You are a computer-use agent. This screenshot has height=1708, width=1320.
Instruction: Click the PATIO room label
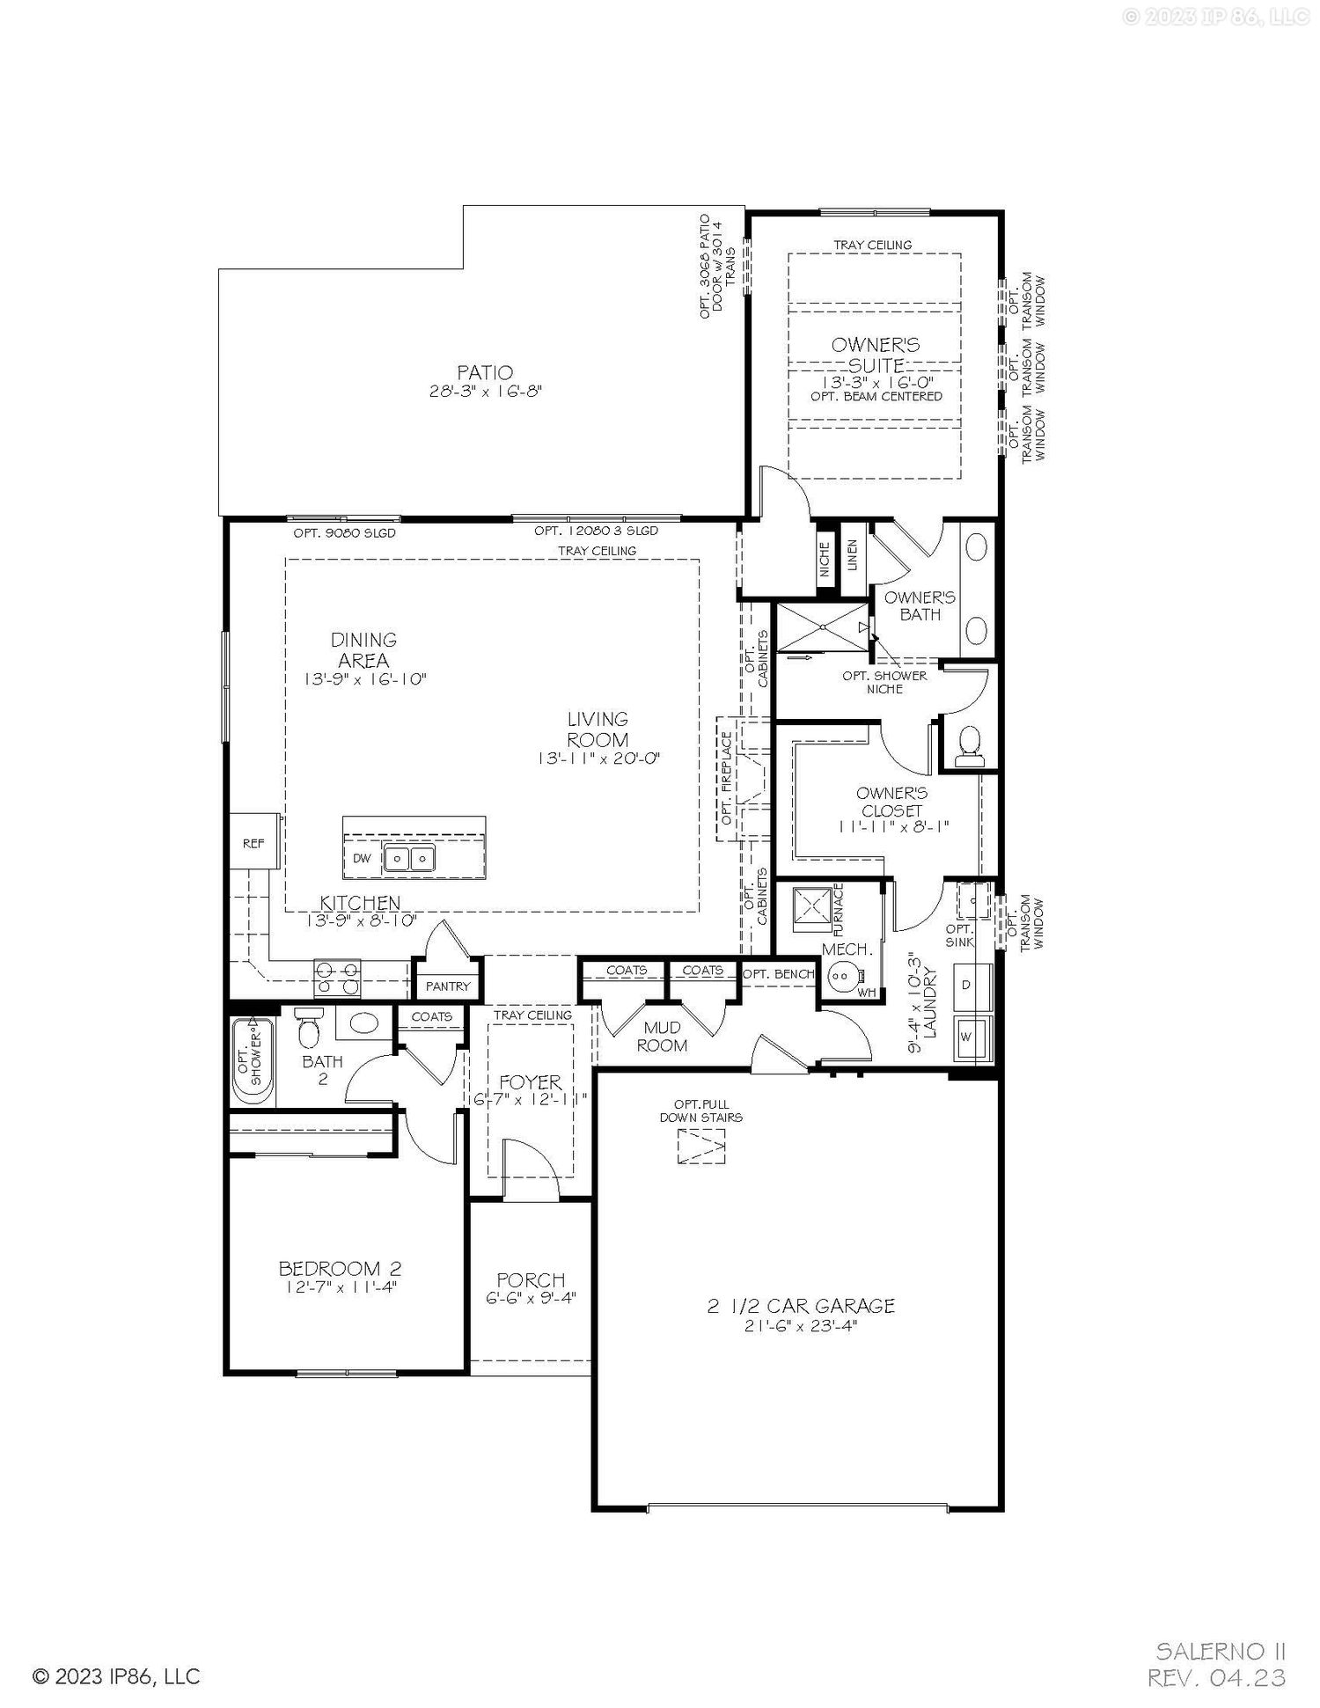(485, 373)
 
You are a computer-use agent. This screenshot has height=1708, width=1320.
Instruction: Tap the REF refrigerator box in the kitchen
(254, 842)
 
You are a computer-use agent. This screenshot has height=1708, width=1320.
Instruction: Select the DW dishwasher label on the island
(362, 858)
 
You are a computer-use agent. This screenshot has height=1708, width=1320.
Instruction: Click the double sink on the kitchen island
(409, 857)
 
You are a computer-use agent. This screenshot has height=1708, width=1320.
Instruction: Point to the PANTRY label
(448, 986)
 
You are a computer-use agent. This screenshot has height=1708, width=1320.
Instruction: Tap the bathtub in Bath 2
(253, 1060)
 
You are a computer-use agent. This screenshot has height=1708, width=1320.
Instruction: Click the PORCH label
(531, 1280)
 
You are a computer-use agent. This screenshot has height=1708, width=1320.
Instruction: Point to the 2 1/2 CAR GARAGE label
(801, 1307)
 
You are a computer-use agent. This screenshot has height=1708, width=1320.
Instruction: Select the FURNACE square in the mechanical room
(811, 908)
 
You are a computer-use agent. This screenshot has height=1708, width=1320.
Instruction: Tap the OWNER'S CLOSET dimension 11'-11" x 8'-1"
(891, 826)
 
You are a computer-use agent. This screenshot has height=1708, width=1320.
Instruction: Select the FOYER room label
(530, 1081)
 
